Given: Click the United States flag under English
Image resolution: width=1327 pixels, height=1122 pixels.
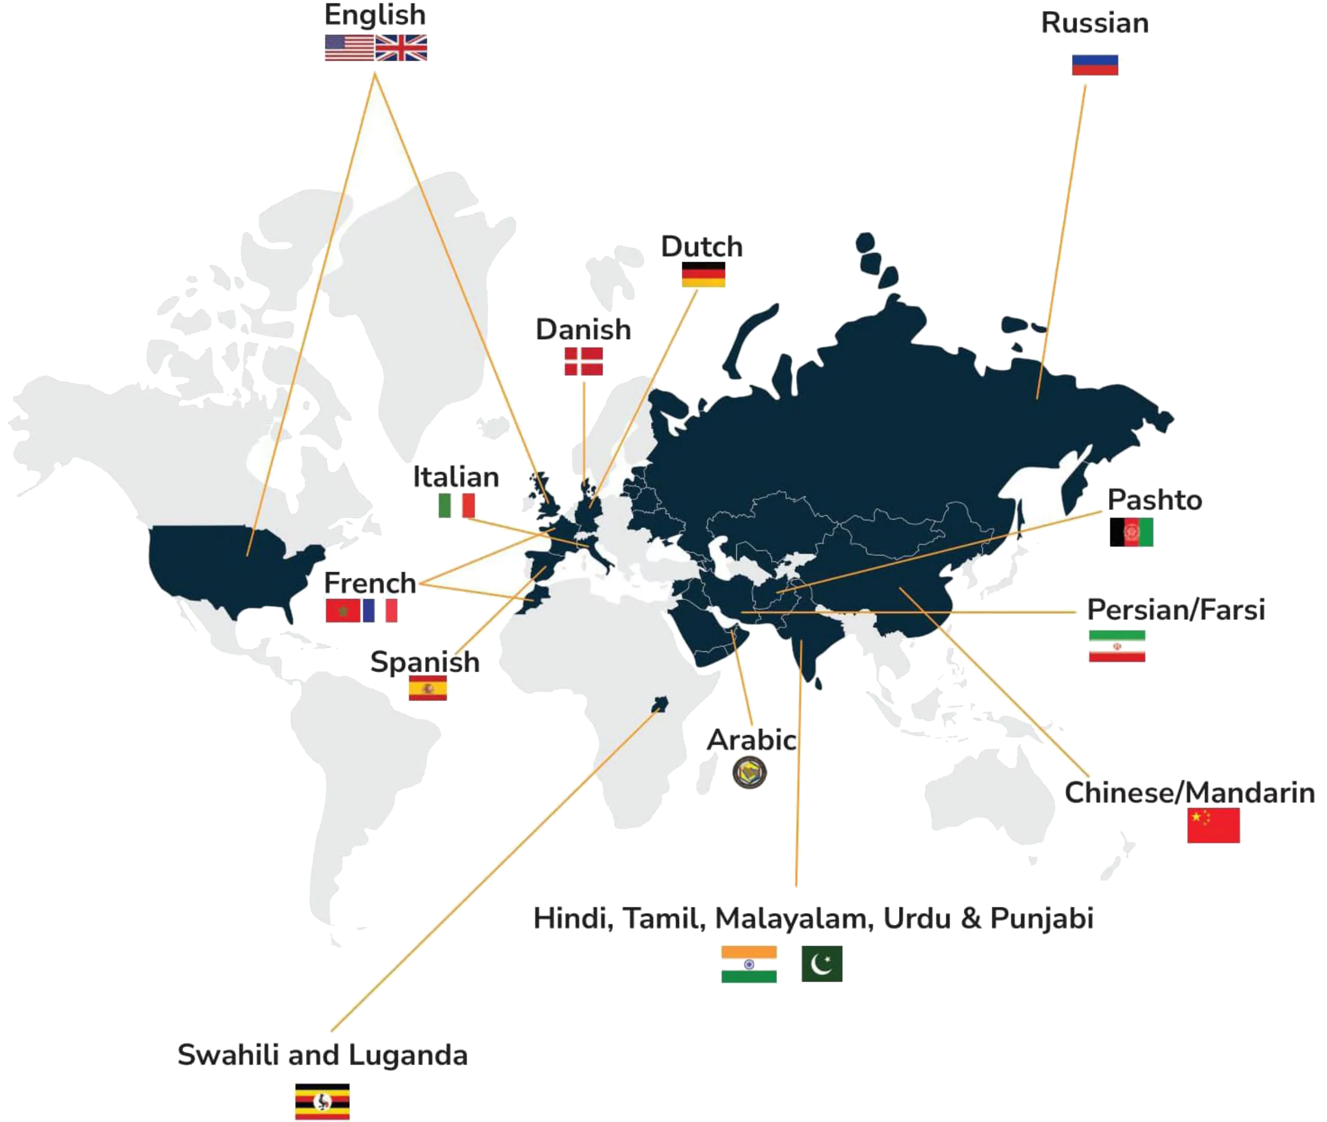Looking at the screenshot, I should point(349,48).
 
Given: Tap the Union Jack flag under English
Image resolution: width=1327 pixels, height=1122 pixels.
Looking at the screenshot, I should point(402,48).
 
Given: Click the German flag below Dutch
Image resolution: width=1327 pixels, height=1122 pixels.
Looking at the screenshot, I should point(704,275).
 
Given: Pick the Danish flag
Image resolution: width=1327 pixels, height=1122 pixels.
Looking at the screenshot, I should point(583,361).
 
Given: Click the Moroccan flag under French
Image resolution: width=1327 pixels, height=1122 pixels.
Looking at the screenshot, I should point(342,610).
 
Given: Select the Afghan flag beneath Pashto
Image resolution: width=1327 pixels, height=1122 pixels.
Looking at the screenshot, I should point(1132,532).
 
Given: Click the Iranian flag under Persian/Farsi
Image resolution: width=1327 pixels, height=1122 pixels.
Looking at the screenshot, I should point(1117,646).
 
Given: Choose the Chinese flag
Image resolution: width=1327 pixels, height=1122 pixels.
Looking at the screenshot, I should point(1213,825).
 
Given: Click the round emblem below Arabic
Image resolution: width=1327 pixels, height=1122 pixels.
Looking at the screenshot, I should point(750,773).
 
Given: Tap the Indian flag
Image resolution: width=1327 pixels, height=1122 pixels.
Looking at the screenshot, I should point(749,964).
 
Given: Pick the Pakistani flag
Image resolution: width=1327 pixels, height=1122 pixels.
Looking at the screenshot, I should point(822,964).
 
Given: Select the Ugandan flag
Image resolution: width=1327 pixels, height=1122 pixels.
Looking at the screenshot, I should point(322,1102).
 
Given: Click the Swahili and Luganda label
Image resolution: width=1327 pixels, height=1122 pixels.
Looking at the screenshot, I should point(322,1055).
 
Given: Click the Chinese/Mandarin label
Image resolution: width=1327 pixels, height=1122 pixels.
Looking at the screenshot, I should point(1189,793).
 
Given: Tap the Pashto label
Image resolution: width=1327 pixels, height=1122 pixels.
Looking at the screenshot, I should point(1155,500).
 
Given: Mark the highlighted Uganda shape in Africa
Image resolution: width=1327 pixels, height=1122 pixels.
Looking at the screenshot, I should point(660,704).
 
